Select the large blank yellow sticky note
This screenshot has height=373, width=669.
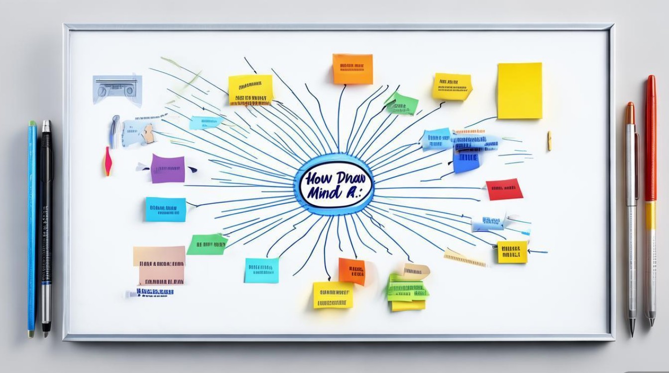[x=519, y=91]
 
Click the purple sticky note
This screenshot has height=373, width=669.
[x=168, y=169]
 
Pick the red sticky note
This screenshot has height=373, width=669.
[x=504, y=189]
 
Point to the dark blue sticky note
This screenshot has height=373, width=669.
[x=466, y=161]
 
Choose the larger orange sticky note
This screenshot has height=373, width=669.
[x=352, y=69]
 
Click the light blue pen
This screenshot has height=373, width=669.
[x=32, y=224]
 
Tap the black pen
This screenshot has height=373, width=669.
[x=46, y=219]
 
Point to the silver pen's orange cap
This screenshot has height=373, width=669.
[x=630, y=113]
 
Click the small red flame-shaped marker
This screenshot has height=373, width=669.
[x=107, y=162]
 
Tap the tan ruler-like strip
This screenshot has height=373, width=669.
[x=464, y=258]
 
